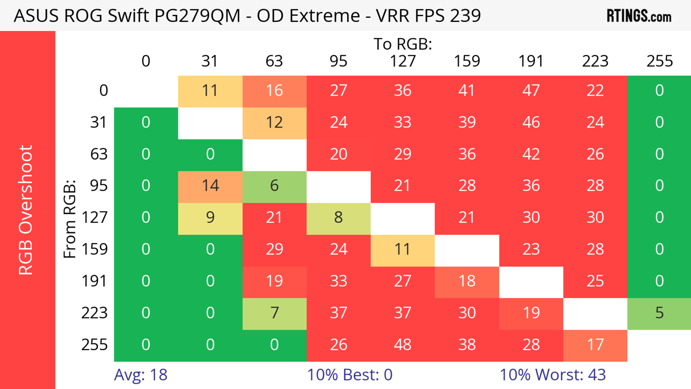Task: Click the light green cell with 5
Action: coord(659,313)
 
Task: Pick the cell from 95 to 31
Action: coord(210,186)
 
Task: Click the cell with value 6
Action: coord(274,186)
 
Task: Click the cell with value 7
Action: coord(274,313)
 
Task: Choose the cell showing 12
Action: coord(274,122)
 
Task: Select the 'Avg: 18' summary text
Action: coord(141,375)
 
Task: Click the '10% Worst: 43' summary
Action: coord(553,375)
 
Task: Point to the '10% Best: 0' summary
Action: coord(349,375)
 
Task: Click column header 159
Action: coord(467,61)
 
